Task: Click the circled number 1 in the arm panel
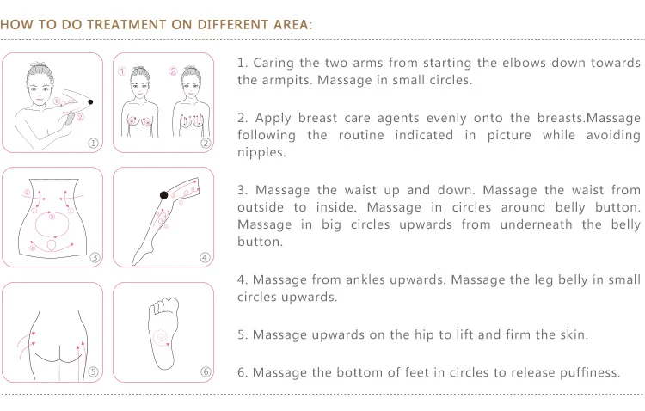94,143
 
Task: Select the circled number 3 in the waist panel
95,257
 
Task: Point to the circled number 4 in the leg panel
205,257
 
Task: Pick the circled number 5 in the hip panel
94,371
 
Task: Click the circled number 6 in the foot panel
206,371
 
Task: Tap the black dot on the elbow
90,102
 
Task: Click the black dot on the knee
163,195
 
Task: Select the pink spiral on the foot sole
162,337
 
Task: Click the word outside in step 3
261,207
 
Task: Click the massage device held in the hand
70,119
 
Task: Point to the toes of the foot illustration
164,305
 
